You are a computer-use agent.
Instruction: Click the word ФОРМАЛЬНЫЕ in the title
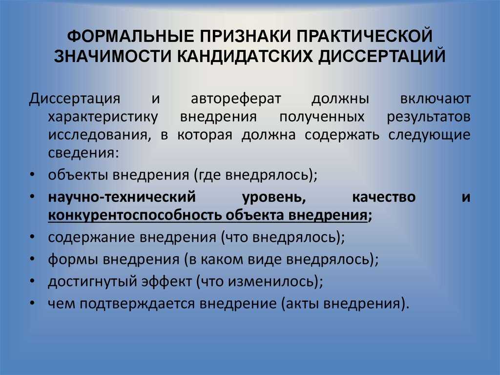click(130, 36)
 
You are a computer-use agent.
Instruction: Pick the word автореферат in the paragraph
click(236, 99)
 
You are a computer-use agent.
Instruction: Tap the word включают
click(436, 99)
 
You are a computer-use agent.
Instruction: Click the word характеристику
click(103, 117)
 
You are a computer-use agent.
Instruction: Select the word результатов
click(429, 117)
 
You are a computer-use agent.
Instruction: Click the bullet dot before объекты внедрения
click(32, 176)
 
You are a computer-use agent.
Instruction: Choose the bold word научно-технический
click(122, 197)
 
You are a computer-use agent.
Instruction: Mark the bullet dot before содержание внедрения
click(32, 238)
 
